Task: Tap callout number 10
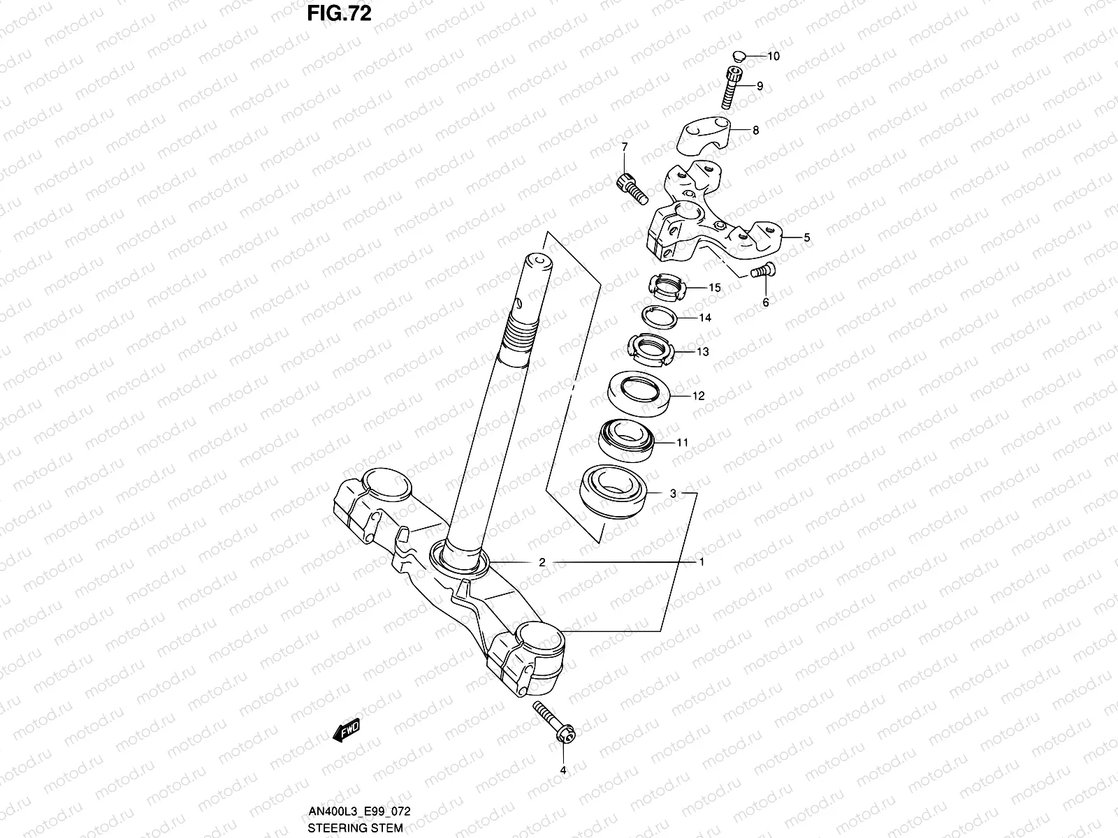[774, 56]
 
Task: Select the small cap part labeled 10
[741, 56]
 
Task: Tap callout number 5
[806, 237]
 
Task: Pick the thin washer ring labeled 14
[660, 318]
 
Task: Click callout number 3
[673, 493]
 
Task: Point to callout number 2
[542, 561]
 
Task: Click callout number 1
[702, 561]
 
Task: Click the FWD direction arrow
[347, 730]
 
